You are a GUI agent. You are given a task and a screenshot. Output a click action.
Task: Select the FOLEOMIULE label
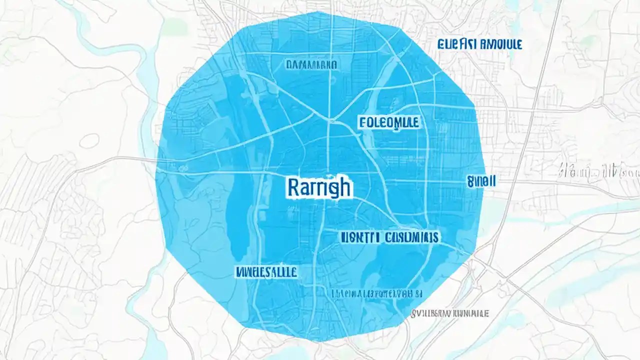(x=389, y=122)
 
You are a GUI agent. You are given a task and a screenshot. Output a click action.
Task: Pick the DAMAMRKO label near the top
(x=311, y=64)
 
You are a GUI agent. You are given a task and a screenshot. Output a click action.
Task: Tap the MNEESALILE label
(x=266, y=272)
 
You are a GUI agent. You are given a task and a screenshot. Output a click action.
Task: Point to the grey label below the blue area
(x=449, y=313)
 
